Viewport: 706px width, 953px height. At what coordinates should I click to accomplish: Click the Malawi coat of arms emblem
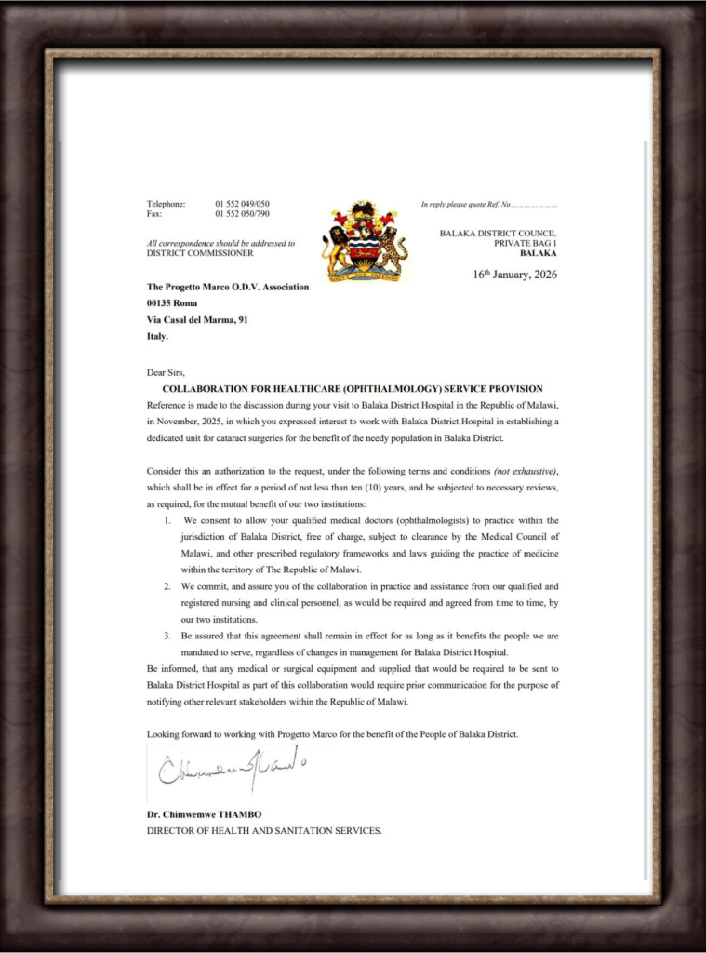tap(365, 241)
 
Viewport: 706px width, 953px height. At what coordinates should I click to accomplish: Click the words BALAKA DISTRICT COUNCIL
tap(499, 233)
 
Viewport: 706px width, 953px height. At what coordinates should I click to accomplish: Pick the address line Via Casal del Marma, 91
tap(197, 319)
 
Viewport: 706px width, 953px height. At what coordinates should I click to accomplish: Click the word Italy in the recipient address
tap(157, 336)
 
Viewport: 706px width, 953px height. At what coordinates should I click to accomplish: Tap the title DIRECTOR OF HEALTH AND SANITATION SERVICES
tap(264, 830)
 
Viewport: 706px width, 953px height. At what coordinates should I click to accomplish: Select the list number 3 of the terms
tap(167, 636)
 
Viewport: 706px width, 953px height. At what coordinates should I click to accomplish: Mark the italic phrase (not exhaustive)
tap(526, 472)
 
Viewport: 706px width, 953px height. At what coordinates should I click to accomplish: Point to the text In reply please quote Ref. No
tap(466, 204)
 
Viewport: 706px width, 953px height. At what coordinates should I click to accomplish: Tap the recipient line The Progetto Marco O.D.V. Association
tap(228, 287)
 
